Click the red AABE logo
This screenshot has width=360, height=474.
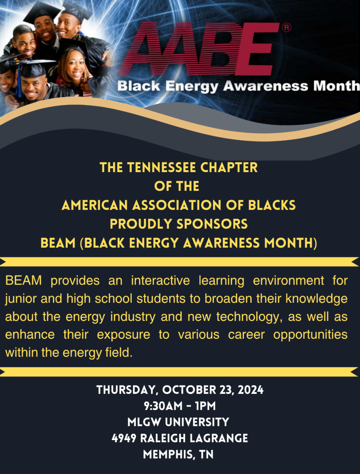pos(199,49)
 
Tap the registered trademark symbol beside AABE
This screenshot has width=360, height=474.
pos(286,28)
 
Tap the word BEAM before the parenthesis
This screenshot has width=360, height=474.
pos(58,243)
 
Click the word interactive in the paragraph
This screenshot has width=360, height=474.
pos(161,281)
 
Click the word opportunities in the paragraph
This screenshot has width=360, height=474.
pos(310,335)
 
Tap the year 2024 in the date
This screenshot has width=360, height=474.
pos(251,390)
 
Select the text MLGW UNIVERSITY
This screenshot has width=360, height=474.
pos(178,422)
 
